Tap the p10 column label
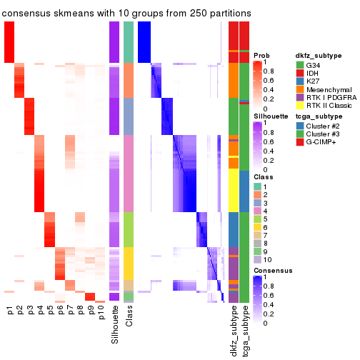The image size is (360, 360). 101,313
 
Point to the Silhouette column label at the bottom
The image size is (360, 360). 114,325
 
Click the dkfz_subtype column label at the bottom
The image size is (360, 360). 234,333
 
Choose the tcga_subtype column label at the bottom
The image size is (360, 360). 245,331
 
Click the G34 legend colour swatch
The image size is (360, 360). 301,65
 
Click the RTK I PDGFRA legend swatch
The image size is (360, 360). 301,102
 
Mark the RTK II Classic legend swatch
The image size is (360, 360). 301,111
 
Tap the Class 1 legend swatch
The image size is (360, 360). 256,186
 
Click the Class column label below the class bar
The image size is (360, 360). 129,319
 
